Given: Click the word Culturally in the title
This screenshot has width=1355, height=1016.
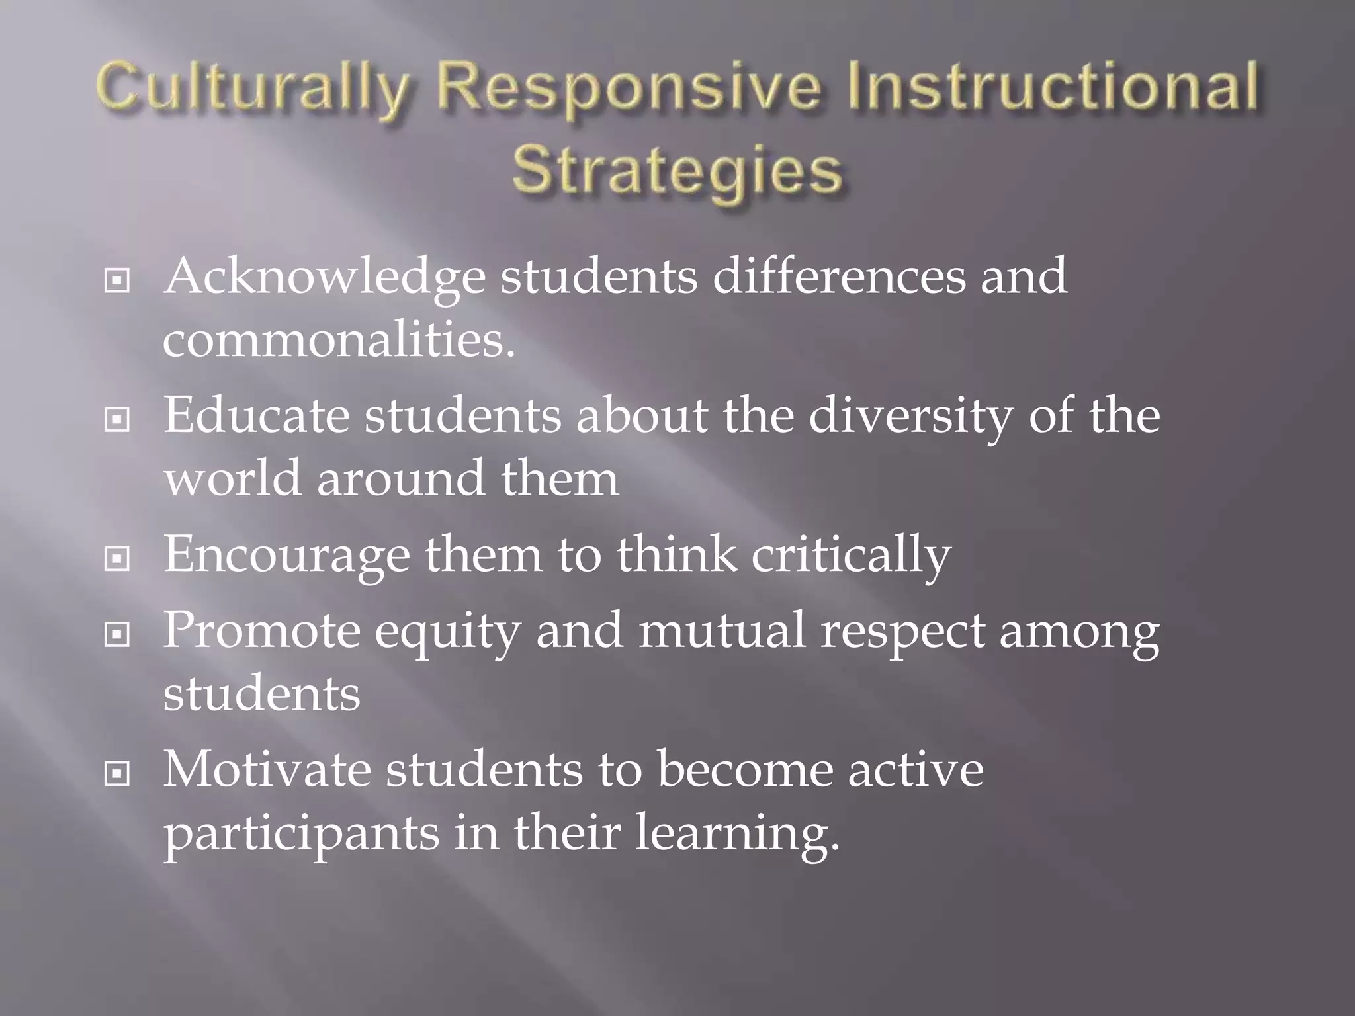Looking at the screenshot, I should [250, 93].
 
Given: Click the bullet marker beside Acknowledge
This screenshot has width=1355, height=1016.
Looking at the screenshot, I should [117, 281].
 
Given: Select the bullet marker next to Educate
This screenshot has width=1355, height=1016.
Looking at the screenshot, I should [117, 420].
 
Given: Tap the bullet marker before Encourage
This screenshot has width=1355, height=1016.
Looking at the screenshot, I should [117, 560].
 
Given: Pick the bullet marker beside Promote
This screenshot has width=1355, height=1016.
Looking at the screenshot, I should [117, 635].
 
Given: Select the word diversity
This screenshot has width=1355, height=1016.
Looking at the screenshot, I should [910, 417].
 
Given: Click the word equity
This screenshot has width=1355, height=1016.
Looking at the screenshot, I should [447, 632].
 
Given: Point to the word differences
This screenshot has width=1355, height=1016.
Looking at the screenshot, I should [838, 276].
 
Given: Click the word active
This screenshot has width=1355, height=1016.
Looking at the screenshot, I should [916, 771].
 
